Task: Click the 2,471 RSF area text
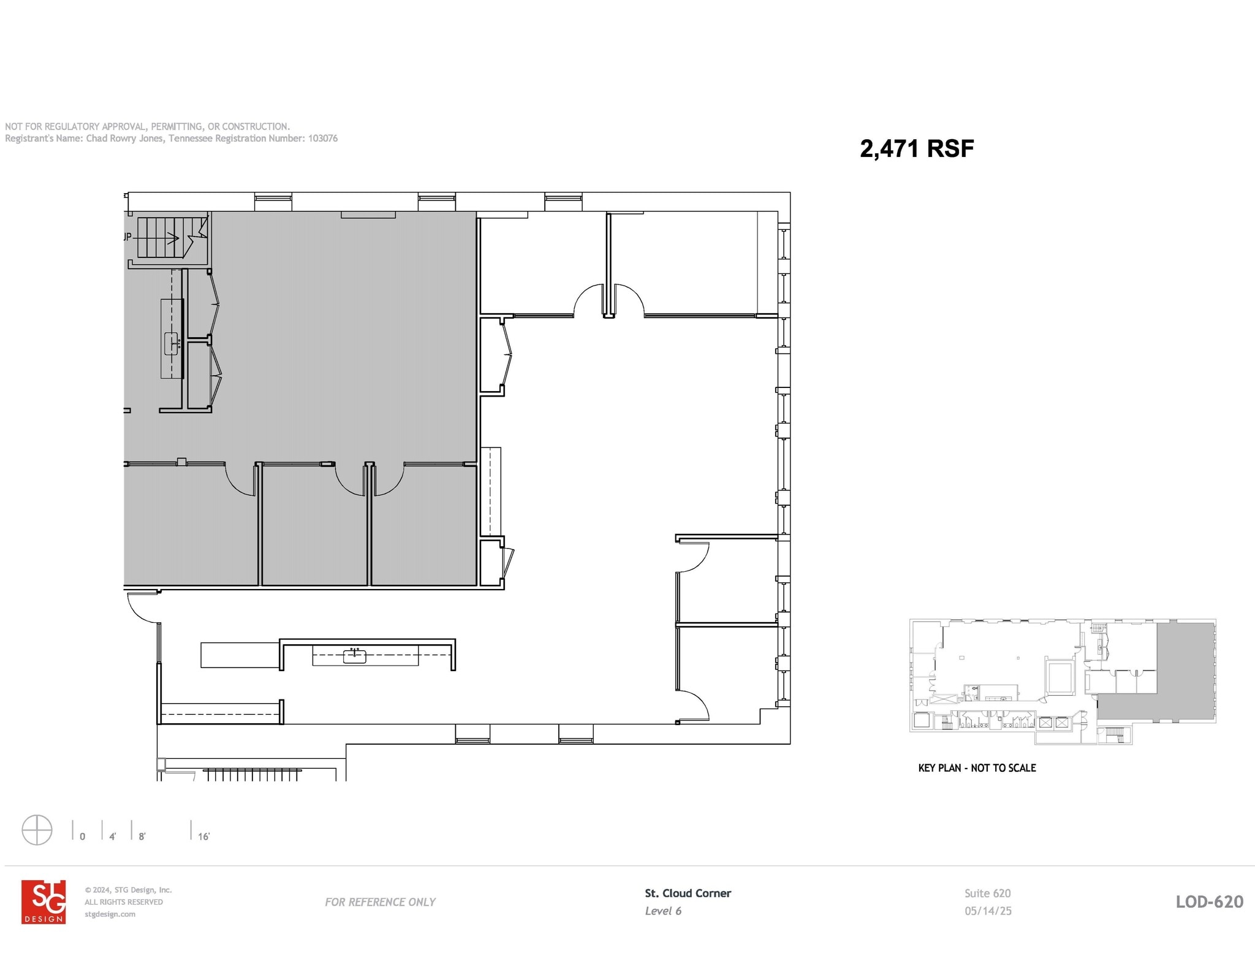click(916, 148)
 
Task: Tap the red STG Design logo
click(44, 902)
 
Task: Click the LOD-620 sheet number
click(1209, 902)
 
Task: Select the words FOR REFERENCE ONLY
click(380, 902)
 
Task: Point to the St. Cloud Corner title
click(688, 893)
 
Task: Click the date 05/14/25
click(988, 911)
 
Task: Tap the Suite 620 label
click(987, 893)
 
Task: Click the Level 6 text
click(663, 911)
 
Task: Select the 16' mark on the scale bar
click(203, 836)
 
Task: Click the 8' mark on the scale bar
click(142, 836)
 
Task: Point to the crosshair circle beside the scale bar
click(37, 830)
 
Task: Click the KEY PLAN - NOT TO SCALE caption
click(977, 768)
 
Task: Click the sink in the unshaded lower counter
click(355, 655)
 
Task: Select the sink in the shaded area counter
click(172, 343)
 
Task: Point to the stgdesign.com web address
click(110, 914)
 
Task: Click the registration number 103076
click(322, 139)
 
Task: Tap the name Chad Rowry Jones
click(124, 139)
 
